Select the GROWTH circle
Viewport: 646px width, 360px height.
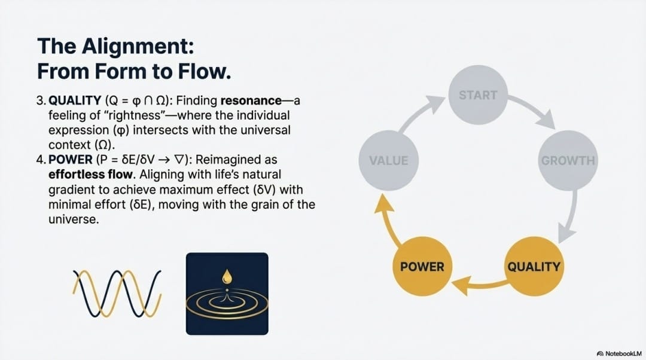pyautogui.click(x=568, y=160)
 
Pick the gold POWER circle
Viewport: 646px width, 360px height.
pyautogui.click(x=422, y=266)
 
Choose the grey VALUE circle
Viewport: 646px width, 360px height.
pyautogui.click(x=388, y=160)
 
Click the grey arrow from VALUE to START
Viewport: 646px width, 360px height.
pyautogui.click(x=422, y=114)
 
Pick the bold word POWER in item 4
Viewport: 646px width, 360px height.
pyautogui.click(x=69, y=160)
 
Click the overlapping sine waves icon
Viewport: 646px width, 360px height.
pyautogui.click(x=117, y=292)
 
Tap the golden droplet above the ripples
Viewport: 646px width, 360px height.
pyautogui.click(x=227, y=276)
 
